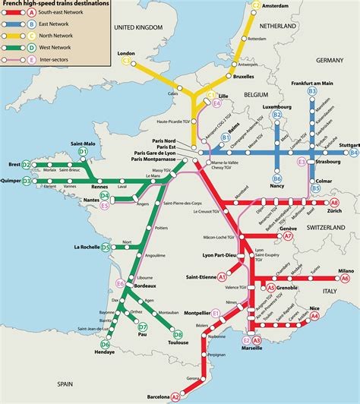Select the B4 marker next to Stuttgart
coord(353,153)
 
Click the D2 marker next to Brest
coord(26,164)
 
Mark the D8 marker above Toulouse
coord(178,334)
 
